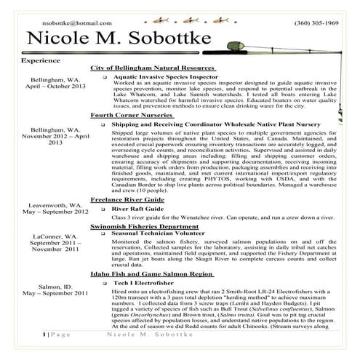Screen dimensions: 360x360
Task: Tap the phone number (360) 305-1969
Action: point(316,24)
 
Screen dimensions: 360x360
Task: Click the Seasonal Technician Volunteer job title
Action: point(167,233)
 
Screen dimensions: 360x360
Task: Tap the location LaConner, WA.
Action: point(55,236)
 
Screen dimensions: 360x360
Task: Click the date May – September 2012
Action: point(55,212)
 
